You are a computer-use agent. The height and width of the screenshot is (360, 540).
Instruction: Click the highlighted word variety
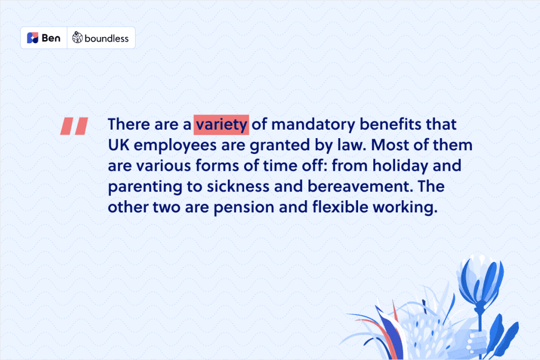221,124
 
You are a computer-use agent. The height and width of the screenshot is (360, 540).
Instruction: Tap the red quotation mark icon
74,126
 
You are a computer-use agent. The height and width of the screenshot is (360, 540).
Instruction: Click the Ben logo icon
32,38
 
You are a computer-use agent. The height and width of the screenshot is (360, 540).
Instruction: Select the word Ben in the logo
51,38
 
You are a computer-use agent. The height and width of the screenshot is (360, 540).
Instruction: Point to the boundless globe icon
77,37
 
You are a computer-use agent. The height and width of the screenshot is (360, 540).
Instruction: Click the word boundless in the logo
107,38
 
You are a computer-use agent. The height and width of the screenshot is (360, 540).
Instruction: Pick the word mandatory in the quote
313,124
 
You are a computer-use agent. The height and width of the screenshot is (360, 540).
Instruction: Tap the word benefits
391,124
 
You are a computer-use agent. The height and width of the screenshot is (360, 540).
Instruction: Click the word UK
119,145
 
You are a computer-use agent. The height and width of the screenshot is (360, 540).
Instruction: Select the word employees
175,146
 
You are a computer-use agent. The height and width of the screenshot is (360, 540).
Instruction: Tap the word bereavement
360,187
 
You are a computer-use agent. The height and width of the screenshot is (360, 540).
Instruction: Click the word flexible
340,207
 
